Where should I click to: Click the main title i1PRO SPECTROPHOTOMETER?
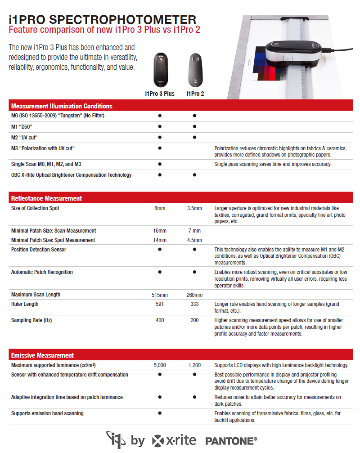point(103,20)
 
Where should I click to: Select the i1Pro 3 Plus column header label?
point(160,94)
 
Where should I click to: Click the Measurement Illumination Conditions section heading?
point(62,106)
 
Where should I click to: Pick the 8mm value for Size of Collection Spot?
point(160,208)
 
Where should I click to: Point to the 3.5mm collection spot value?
point(194,208)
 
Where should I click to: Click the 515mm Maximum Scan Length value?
point(160,295)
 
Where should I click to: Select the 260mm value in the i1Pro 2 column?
point(194,295)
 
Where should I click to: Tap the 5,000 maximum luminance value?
point(160,365)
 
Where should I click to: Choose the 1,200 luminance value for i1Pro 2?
point(194,365)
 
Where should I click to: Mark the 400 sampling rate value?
point(160,321)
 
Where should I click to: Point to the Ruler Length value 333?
point(194,305)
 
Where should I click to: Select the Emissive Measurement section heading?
point(43,355)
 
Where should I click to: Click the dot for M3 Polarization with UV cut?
point(160,148)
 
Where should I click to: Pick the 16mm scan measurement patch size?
point(160,231)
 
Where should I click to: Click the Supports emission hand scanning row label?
point(47,413)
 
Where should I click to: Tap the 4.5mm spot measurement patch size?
point(194,240)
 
